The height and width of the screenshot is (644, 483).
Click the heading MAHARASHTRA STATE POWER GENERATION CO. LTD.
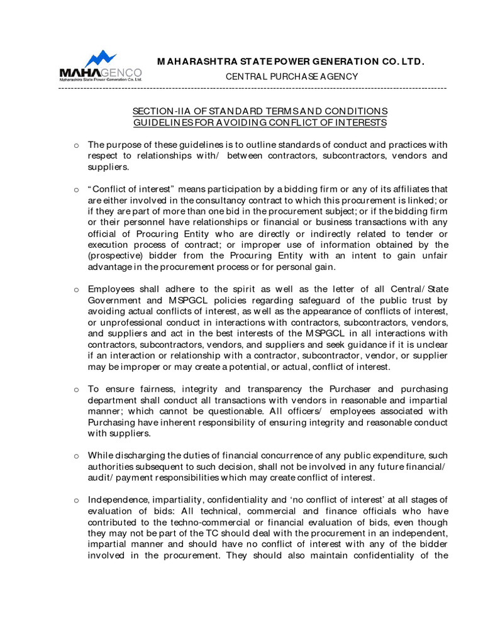291,62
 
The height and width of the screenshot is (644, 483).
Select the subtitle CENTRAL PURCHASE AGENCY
292,77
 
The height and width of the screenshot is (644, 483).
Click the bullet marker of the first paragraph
76,145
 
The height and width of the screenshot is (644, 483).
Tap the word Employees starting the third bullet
111,289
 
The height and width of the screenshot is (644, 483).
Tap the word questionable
214,411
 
